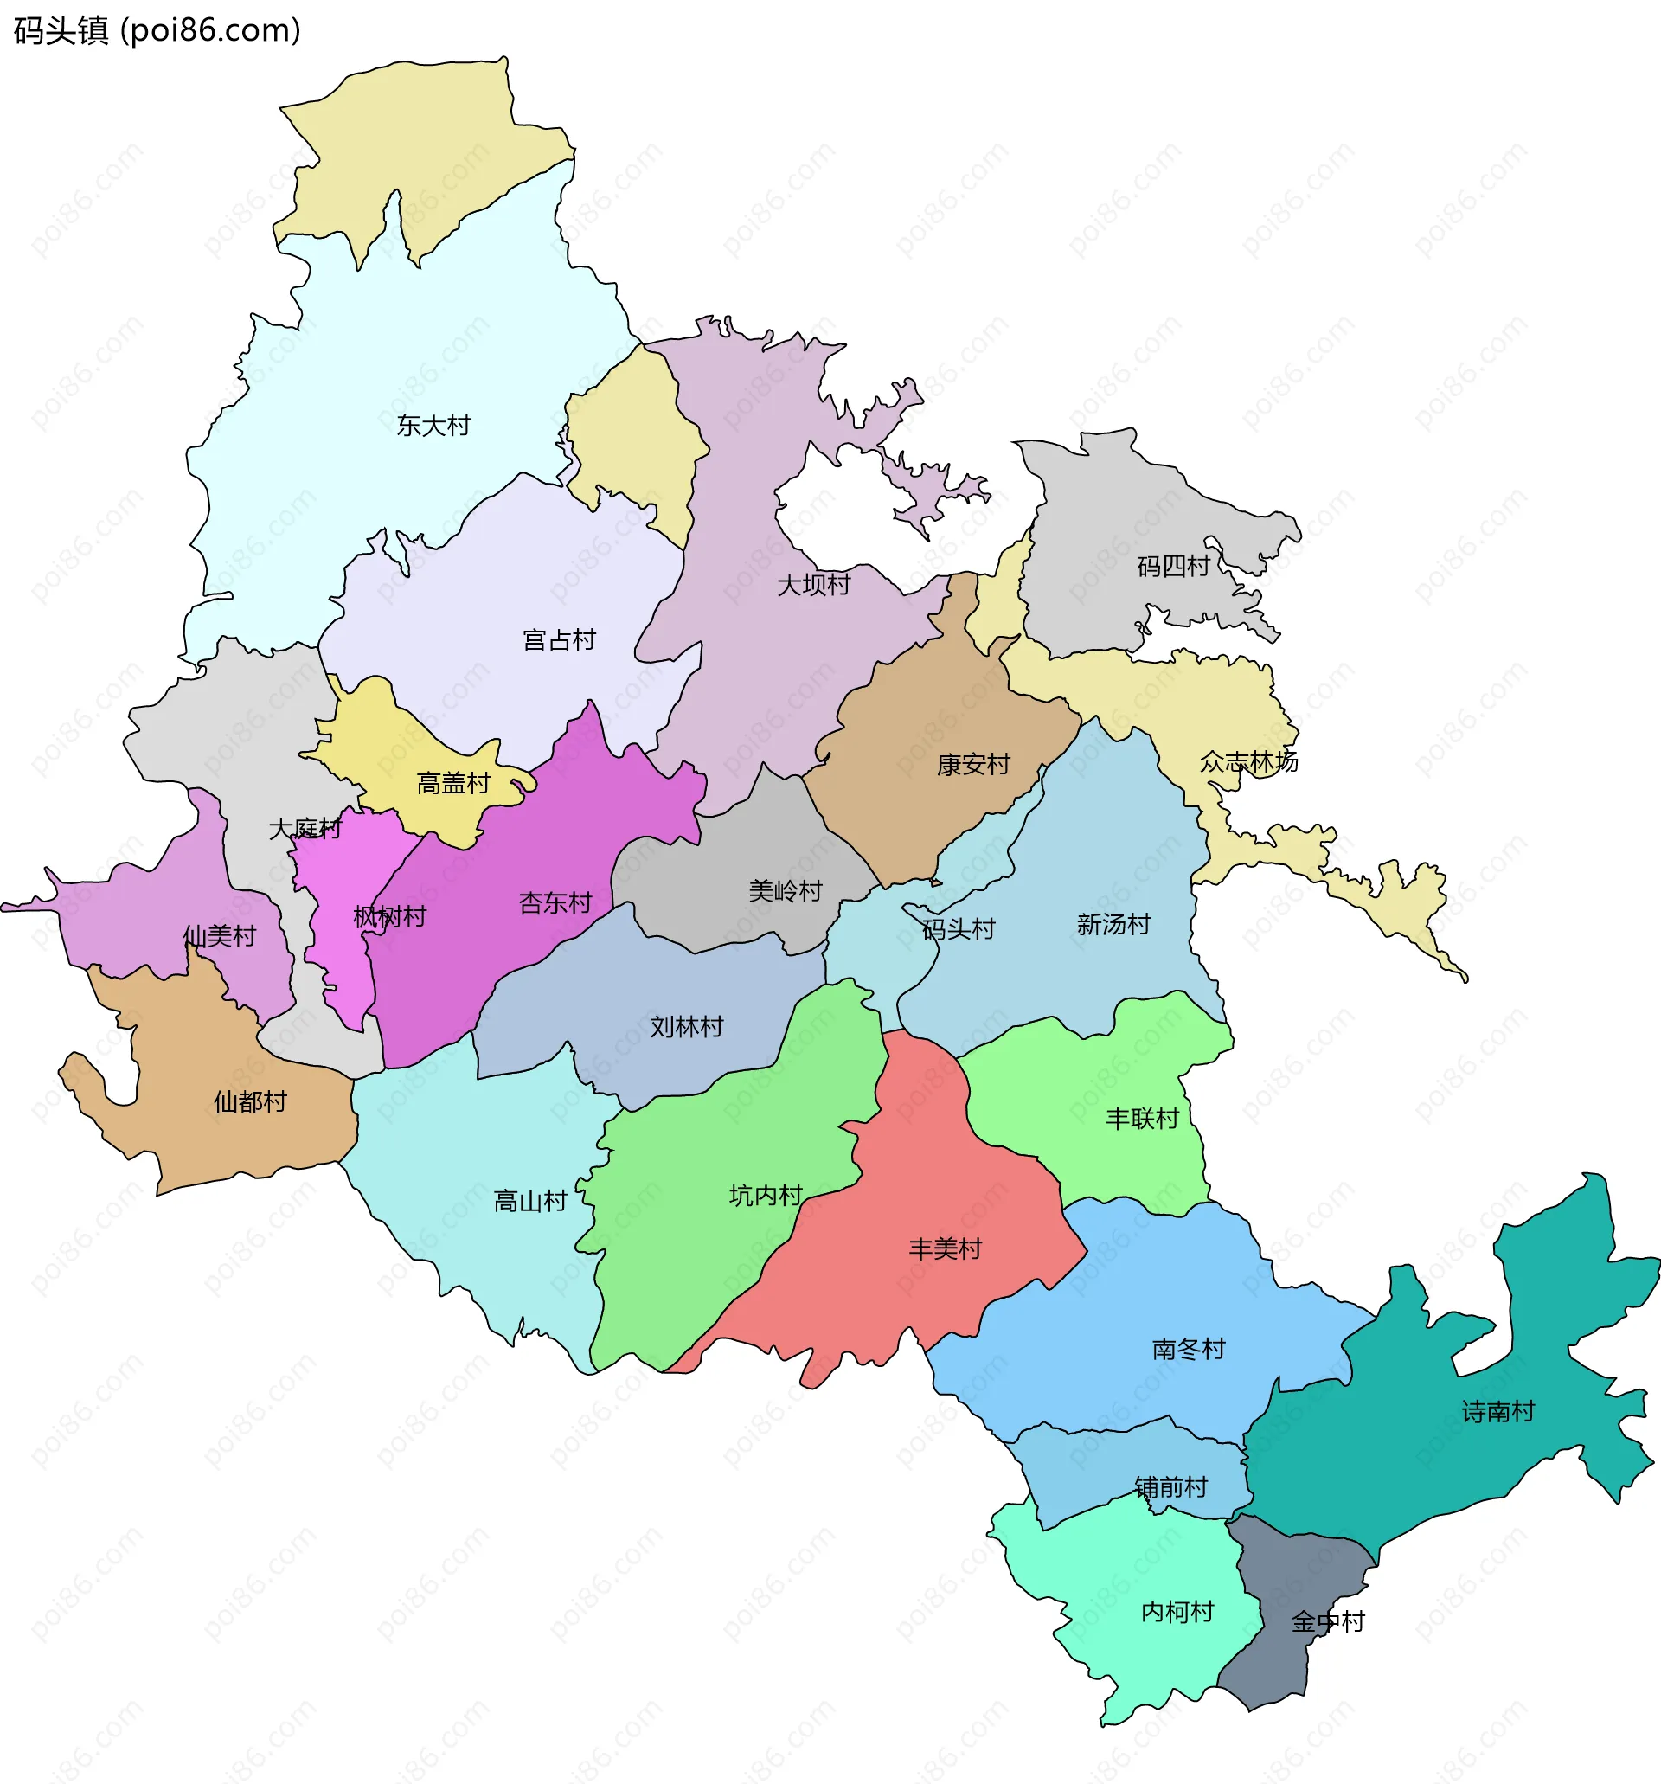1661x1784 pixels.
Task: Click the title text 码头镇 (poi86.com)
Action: (x=157, y=31)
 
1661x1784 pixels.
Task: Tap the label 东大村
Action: (x=433, y=426)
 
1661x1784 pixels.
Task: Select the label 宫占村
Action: (x=559, y=640)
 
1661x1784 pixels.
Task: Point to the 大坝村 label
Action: (x=813, y=585)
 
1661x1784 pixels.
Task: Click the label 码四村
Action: (x=1173, y=566)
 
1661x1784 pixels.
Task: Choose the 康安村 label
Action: (x=972, y=765)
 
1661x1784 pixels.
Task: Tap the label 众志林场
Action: (x=1248, y=762)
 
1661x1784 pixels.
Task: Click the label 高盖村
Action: (x=453, y=783)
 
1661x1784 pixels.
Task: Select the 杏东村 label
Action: (x=555, y=902)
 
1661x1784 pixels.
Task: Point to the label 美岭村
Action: (x=786, y=891)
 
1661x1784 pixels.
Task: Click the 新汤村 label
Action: (x=1113, y=924)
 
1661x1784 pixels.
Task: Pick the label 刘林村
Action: (x=687, y=1027)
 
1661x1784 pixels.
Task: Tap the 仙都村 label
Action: (x=249, y=1102)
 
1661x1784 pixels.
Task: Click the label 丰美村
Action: (x=945, y=1248)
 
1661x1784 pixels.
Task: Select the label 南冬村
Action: (x=1188, y=1349)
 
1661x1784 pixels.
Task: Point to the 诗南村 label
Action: (x=1497, y=1412)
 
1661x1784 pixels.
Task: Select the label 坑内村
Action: (x=766, y=1196)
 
